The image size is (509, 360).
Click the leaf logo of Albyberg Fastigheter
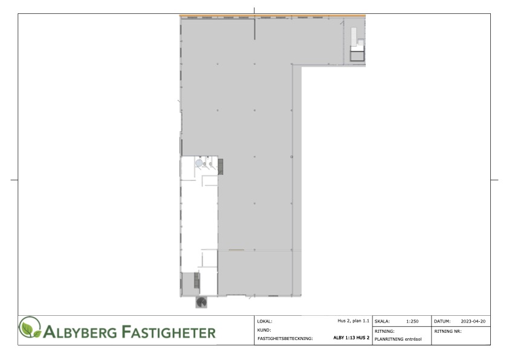[x=30, y=327]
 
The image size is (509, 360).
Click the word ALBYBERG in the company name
[x=80, y=332]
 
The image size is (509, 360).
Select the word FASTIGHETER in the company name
[x=169, y=332]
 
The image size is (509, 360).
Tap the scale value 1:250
[x=412, y=321]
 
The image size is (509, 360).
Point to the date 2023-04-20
[x=473, y=321]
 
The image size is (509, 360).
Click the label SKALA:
[x=382, y=321]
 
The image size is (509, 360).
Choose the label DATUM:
[x=442, y=321]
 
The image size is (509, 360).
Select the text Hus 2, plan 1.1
[x=353, y=321]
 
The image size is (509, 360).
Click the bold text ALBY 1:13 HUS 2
[x=351, y=338]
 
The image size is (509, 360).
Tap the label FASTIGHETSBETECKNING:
[x=285, y=339]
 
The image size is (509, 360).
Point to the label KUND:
[x=264, y=330]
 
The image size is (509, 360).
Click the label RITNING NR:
[x=448, y=332]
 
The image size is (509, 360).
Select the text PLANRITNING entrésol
[x=398, y=339]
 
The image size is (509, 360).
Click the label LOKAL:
[x=265, y=321]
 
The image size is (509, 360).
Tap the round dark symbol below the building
[x=201, y=302]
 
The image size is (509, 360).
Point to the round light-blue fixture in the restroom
[x=199, y=163]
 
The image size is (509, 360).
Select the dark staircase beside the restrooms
[x=221, y=166]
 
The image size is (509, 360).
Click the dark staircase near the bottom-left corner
[x=196, y=280]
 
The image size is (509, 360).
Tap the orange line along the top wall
[x=273, y=16]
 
